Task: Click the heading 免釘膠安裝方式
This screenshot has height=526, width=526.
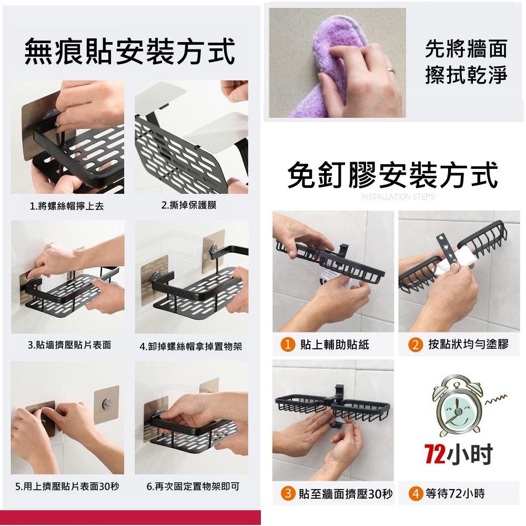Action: click(392, 175)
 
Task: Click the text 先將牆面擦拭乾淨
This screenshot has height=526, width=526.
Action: click(466, 63)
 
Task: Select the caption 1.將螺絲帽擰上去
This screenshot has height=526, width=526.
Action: click(67, 206)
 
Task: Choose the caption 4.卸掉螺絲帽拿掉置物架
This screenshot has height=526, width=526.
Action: click(190, 346)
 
